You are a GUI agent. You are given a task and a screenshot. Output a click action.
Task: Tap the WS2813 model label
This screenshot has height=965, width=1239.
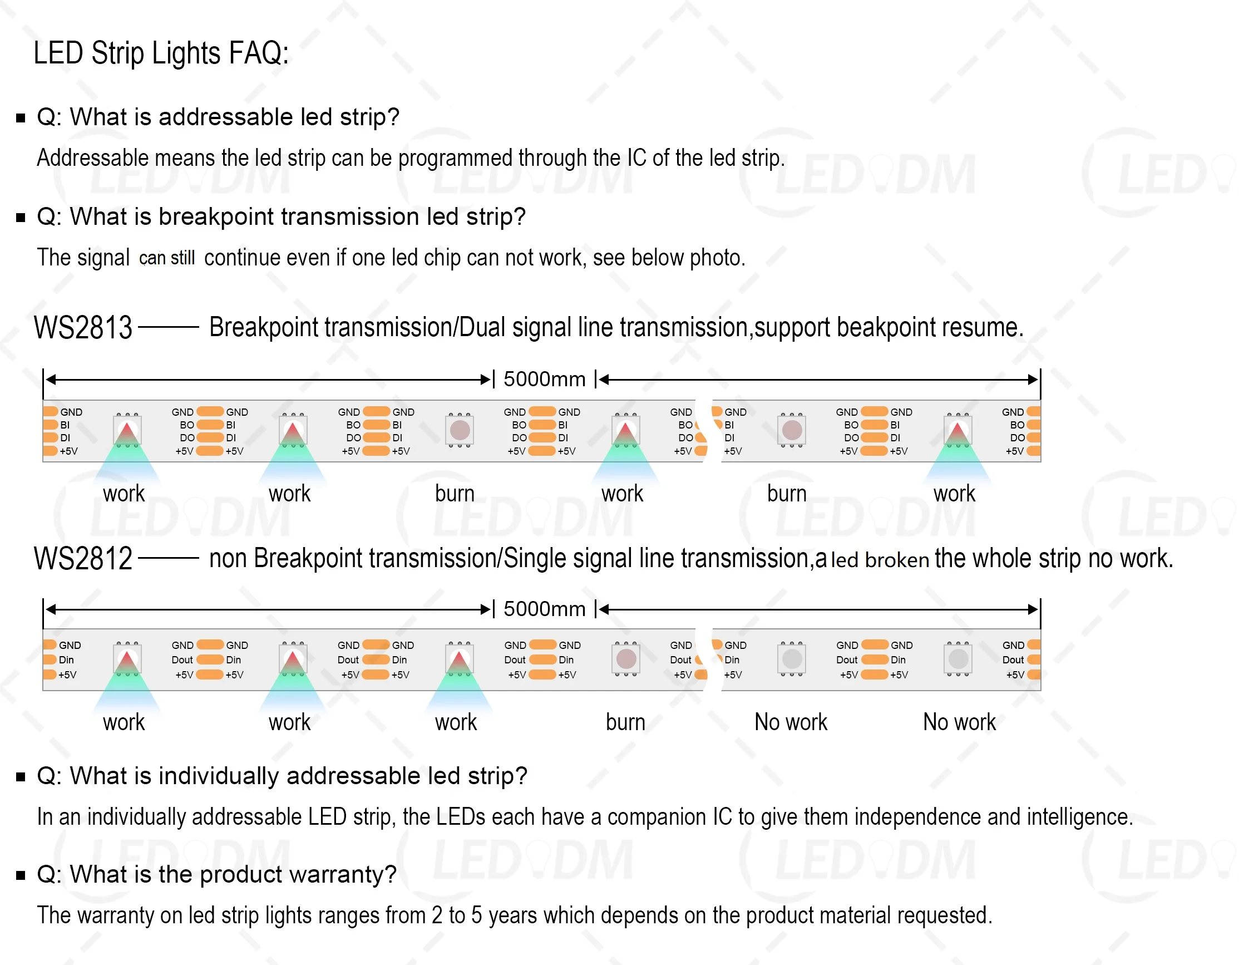point(83,328)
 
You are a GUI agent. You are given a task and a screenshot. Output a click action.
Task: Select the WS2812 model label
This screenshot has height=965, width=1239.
point(83,559)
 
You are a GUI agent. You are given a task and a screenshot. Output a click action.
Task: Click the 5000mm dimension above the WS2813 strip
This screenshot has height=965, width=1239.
point(544,379)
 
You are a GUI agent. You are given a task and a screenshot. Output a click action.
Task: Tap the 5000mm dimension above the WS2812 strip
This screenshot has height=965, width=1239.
point(544,609)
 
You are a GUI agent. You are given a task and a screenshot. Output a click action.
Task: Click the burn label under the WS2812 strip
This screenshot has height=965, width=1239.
point(625,723)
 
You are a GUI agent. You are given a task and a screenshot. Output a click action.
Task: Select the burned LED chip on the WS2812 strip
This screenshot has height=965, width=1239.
point(626,659)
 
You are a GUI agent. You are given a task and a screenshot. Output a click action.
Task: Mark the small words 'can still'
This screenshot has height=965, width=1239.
point(167,259)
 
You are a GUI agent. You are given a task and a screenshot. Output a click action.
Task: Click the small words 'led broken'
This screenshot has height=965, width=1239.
point(880,560)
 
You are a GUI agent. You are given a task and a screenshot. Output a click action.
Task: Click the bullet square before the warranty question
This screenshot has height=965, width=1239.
point(21,875)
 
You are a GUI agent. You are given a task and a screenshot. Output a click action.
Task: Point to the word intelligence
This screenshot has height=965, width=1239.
point(1079,818)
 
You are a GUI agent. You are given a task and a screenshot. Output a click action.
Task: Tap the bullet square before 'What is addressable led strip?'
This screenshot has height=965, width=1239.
point(21,118)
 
